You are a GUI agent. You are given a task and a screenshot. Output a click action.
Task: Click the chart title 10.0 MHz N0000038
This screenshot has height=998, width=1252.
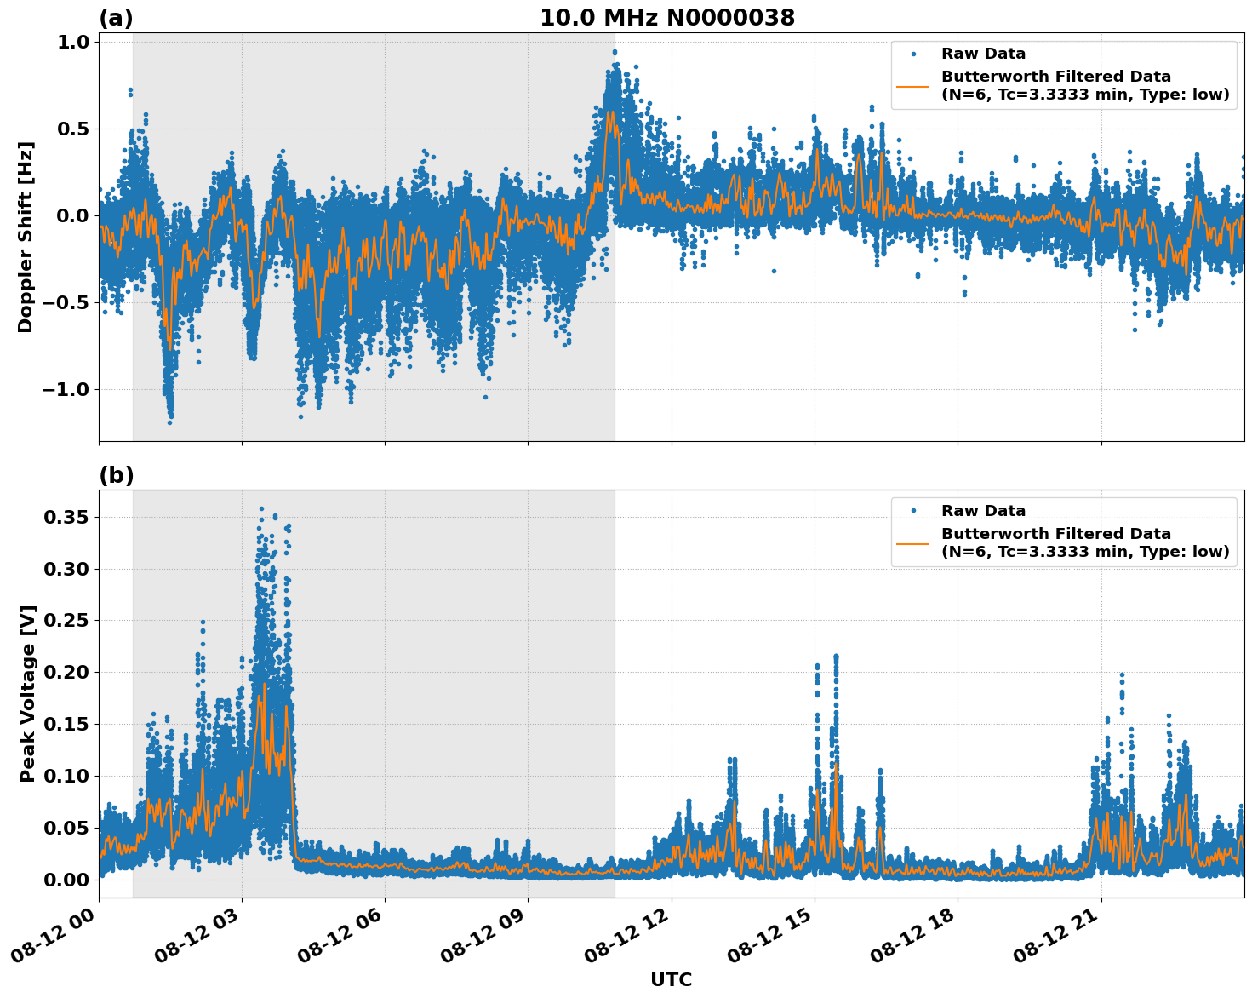point(666,18)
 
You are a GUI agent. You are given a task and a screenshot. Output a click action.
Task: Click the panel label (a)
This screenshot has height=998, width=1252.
point(116,18)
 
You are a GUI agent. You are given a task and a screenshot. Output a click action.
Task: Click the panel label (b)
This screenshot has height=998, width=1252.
point(116,475)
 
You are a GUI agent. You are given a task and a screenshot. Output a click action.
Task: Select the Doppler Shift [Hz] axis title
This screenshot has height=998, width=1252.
point(26,237)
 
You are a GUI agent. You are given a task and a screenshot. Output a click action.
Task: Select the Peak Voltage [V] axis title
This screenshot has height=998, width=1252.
point(28,693)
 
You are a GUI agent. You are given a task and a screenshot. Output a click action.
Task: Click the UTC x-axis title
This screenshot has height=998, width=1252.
point(671,980)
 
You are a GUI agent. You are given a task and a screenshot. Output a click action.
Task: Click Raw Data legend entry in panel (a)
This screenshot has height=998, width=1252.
point(983,54)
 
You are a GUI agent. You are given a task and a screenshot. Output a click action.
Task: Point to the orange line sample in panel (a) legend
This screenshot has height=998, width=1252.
point(913,85)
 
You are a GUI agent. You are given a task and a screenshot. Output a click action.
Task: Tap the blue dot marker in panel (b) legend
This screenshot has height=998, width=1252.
point(913,511)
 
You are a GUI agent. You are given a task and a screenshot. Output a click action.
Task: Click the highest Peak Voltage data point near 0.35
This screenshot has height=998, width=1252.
point(261,508)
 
